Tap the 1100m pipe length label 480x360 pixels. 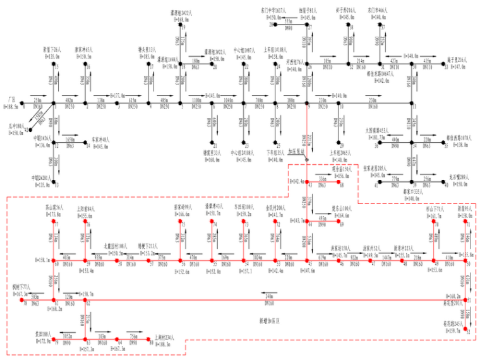[196, 100]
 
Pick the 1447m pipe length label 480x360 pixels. [387, 258]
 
